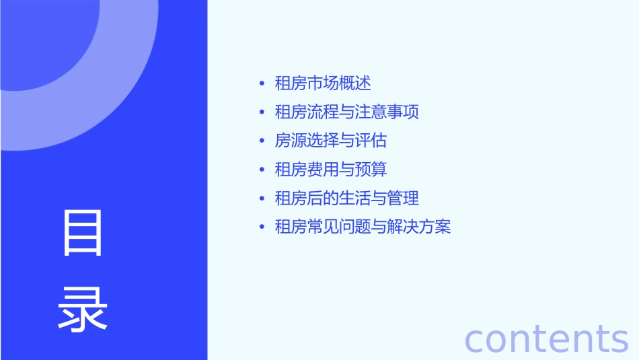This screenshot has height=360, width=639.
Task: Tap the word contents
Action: point(546,338)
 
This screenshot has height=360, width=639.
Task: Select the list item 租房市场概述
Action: point(323,83)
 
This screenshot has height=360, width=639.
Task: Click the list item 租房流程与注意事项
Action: point(347,112)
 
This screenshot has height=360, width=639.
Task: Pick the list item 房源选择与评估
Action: point(331,141)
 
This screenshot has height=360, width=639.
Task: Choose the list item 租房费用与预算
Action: point(331,170)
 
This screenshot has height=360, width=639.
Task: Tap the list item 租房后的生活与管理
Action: point(347,199)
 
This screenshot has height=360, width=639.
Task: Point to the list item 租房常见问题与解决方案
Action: point(363,227)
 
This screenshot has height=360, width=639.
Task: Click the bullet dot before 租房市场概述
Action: point(262,84)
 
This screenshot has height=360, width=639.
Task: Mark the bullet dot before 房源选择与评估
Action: point(262,141)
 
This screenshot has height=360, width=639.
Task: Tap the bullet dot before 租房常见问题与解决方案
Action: point(262,227)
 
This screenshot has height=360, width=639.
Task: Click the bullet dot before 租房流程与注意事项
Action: point(262,112)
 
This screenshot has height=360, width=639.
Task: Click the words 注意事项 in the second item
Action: point(387,112)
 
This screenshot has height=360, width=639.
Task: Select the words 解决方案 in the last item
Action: point(419,227)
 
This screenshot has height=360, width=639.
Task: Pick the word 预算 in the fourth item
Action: point(371,170)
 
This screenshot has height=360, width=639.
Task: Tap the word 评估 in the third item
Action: point(371,141)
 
